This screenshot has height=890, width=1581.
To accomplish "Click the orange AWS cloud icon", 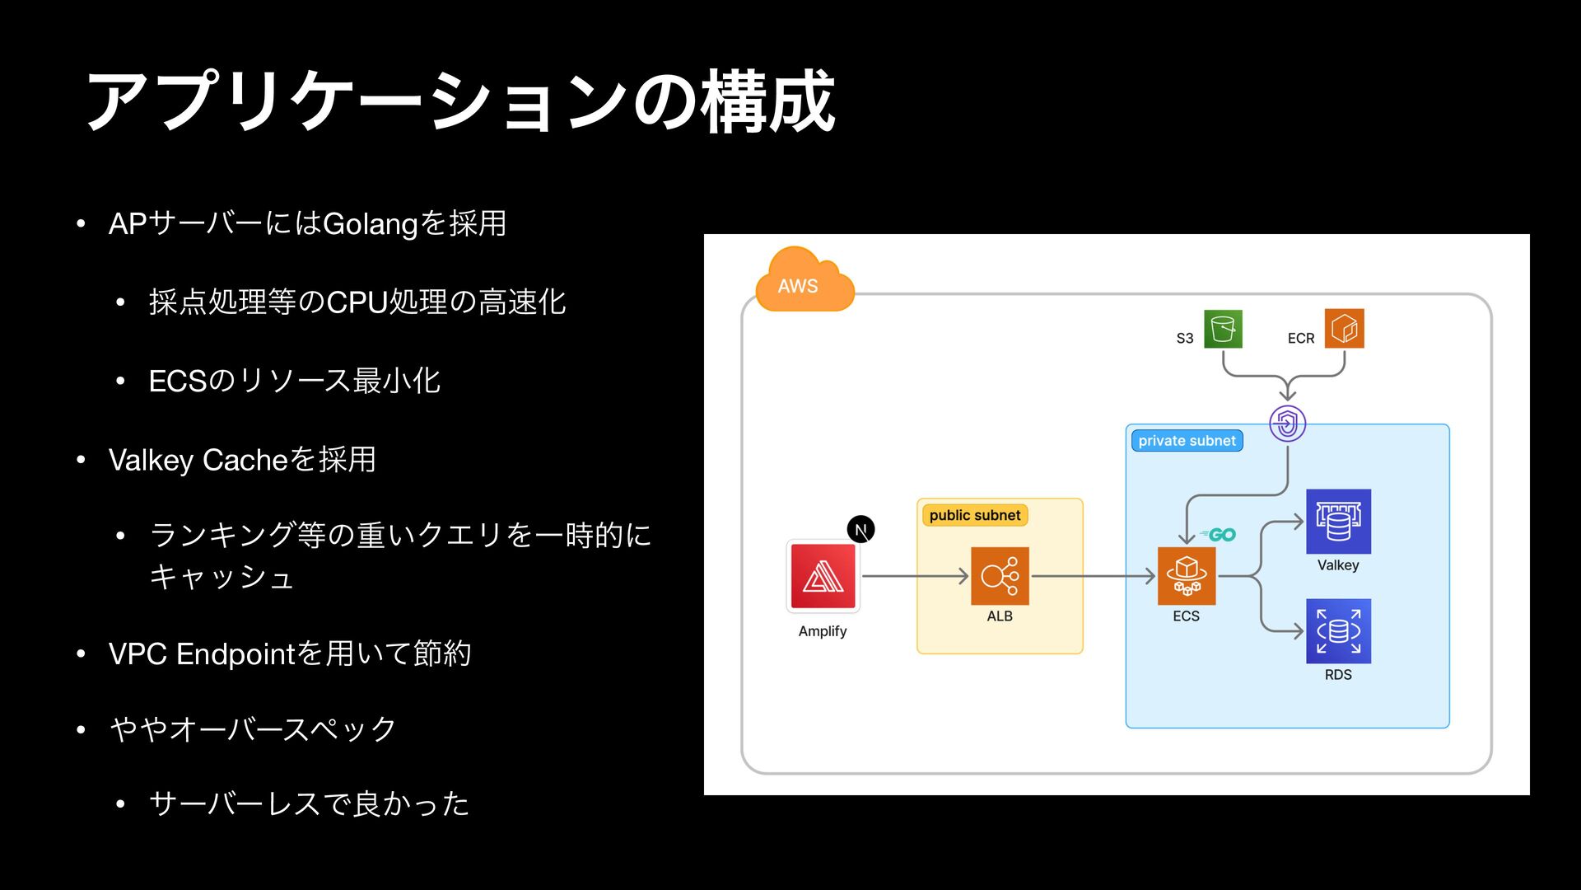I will click(804, 283).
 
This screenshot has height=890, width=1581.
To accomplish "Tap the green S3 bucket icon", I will click(1223, 329).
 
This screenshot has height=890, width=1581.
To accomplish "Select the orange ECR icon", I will click(1344, 329).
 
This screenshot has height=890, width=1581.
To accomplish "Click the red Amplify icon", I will click(823, 577).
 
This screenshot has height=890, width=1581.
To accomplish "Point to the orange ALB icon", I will click(1000, 576).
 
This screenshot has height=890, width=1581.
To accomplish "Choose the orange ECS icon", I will click(1186, 576).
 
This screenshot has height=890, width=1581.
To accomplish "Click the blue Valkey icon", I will click(1338, 522).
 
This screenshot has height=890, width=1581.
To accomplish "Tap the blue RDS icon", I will click(1338, 631).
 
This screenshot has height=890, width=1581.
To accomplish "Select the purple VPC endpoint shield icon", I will click(1288, 424).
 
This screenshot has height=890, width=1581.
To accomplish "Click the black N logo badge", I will click(860, 529).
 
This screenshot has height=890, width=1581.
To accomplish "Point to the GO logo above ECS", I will click(1219, 535).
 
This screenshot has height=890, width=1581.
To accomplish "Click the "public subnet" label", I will click(974, 515).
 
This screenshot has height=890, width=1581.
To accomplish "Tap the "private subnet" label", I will click(1187, 441).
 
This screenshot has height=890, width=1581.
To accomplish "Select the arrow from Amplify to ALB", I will click(914, 576).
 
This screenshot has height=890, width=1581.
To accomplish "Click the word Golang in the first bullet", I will click(371, 224).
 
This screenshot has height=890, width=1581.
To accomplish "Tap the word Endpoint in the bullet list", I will click(236, 654).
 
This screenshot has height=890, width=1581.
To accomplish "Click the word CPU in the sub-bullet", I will click(357, 302).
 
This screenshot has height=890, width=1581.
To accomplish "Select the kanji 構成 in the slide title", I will click(768, 102).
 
